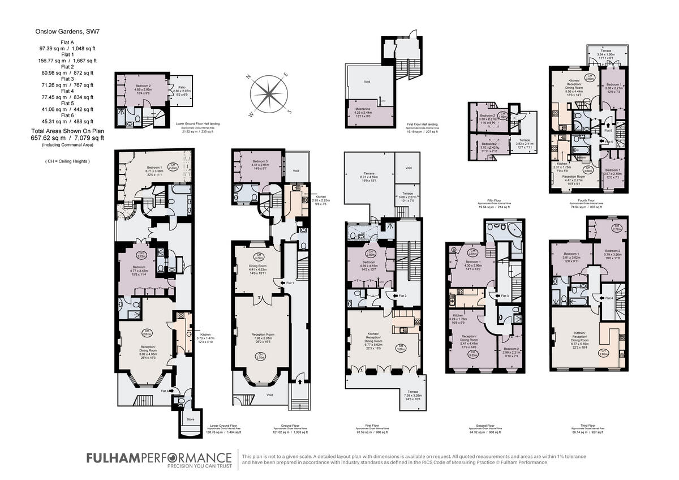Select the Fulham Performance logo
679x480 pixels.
(x=158, y=458)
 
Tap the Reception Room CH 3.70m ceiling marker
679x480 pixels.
(x=261, y=357)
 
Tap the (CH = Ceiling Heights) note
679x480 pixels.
(x=67, y=161)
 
